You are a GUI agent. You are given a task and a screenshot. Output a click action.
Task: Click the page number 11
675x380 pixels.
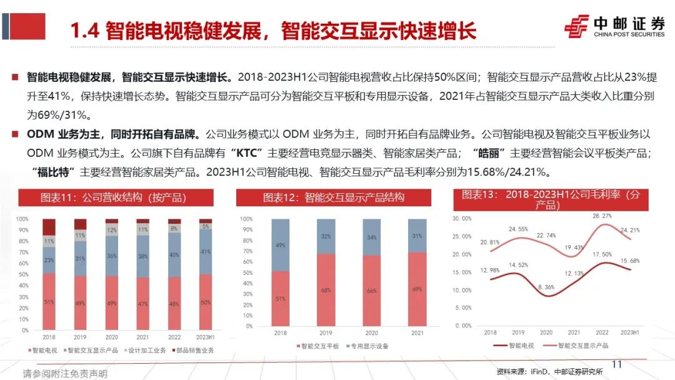pyautogui.click(x=617, y=364)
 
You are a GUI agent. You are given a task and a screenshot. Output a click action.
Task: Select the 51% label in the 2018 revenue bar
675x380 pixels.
pyautogui.click(x=49, y=301)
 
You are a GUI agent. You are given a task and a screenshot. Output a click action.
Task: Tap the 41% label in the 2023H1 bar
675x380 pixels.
pyautogui.click(x=206, y=252)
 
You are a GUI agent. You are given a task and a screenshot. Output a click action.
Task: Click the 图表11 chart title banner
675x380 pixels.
pyautogui.click(x=113, y=197)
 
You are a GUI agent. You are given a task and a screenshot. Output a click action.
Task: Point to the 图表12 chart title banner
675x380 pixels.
pyautogui.click(x=333, y=197)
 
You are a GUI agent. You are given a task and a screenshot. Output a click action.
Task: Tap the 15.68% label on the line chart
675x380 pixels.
pyautogui.click(x=629, y=260)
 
